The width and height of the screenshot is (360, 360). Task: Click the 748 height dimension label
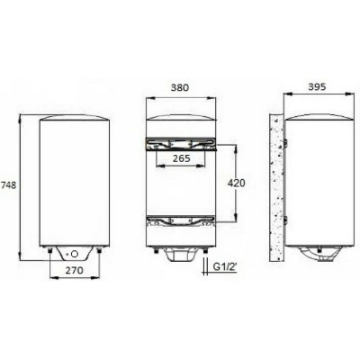[x=8, y=185]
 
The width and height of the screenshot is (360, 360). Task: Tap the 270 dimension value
[x=74, y=270]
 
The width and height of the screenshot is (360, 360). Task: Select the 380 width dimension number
[x=180, y=87]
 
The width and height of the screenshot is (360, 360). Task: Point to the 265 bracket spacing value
[x=181, y=158]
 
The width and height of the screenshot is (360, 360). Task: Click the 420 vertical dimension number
[x=236, y=183]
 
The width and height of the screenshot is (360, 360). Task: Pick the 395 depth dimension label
[x=317, y=86]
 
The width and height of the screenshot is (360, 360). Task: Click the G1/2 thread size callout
[x=225, y=266]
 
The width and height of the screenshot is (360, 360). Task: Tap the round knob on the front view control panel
[x=75, y=254]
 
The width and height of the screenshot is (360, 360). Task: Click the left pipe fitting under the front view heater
[x=49, y=250]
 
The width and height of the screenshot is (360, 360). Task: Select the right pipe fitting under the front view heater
[x=99, y=250]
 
